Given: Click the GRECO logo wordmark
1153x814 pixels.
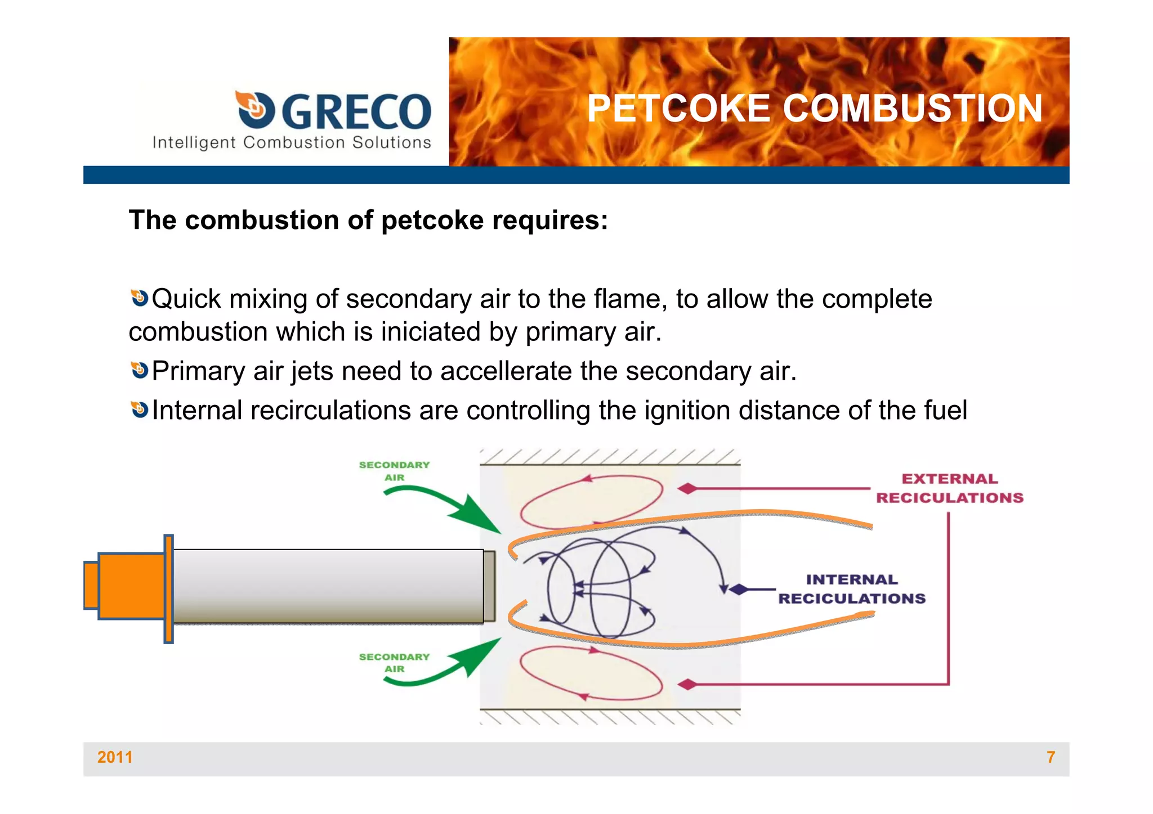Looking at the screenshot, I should coord(356,111).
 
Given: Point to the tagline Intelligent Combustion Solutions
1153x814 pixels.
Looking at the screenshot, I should coord(292,143).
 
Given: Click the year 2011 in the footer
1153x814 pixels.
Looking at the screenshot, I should coord(115,757).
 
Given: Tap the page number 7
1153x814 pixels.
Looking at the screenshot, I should coord(1051,757).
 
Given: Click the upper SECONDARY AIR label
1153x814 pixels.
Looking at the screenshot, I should coord(394,471).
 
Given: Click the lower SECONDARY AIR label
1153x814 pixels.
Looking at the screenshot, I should coord(394,663).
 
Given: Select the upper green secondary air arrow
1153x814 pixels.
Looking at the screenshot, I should coord(450,506).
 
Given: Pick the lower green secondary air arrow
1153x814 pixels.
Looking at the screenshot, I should coord(450,667).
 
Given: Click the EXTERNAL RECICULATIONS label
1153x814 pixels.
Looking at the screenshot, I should coord(950,488).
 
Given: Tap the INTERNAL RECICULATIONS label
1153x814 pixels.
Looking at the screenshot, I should coord(851,589).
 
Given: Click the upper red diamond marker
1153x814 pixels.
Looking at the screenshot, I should coord(687,489).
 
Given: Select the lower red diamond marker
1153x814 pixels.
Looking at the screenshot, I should coord(687,685).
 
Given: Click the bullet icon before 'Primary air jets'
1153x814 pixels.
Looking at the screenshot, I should coord(139,370).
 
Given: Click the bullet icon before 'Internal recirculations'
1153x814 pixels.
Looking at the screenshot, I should coord(139,410).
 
